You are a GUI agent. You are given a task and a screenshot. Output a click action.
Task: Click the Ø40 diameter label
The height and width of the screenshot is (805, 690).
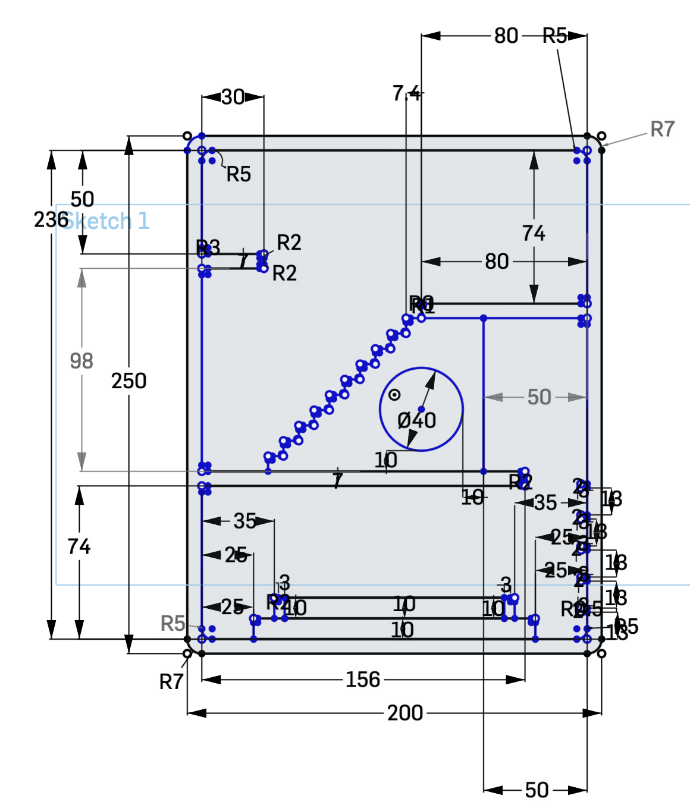pyautogui.click(x=416, y=420)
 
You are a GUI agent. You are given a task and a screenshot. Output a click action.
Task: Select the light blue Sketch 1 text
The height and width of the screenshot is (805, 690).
pyautogui.click(x=106, y=221)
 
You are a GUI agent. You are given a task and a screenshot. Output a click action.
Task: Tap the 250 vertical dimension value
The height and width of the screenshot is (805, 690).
pyautogui.click(x=128, y=381)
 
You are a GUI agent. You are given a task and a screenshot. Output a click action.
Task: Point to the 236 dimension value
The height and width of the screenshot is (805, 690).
pyautogui.click(x=50, y=219)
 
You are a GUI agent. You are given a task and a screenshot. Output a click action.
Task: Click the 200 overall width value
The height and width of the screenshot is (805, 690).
pyautogui.click(x=404, y=712)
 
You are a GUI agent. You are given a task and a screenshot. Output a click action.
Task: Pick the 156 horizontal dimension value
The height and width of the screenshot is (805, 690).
pyautogui.click(x=362, y=679)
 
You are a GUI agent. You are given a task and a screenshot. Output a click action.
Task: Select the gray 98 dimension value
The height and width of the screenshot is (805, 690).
pyautogui.click(x=81, y=361)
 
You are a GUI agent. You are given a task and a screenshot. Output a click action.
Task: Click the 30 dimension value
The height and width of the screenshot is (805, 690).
pyautogui.click(x=233, y=97)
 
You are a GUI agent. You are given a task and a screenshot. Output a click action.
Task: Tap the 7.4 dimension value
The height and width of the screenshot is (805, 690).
pyautogui.click(x=406, y=93)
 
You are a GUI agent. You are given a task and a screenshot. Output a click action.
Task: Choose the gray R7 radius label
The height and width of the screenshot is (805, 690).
pyautogui.click(x=662, y=129)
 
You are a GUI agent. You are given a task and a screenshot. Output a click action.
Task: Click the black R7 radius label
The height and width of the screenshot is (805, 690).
pyautogui.click(x=171, y=681)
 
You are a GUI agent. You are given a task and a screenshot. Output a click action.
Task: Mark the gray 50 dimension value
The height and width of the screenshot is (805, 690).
pyautogui.click(x=539, y=397)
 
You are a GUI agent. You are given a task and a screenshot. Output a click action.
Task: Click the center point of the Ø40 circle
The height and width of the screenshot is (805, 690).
pyautogui.click(x=421, y=409)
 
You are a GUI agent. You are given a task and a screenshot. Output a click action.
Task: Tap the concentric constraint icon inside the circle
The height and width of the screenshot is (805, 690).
pyautogui.click(x=394, y=395)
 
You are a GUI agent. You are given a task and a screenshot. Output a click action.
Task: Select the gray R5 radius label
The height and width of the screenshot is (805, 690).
pyautogui.click(x=173, y=624)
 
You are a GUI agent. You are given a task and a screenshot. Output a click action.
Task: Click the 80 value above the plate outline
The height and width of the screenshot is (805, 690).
pyautogui.click(x=506, y=36)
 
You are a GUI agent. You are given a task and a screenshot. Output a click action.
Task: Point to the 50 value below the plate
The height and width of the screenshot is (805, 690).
pyautogui.click(x=537, y=790)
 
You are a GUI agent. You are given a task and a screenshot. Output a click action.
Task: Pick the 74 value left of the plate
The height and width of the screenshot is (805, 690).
pyautogui.click(x=79, y=546)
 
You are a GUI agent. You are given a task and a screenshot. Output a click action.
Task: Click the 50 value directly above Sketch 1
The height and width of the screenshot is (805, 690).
pyautogui.click(x=82, y=199)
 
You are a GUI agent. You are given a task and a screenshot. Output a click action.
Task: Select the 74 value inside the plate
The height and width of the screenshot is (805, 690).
pyautogui.click(x=534, y=234)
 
